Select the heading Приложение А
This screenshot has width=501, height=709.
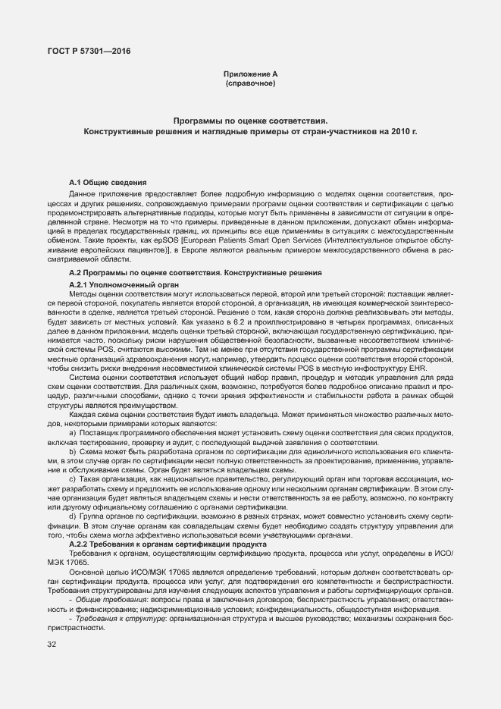[251, 74]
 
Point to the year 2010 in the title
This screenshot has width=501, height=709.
[399, 131]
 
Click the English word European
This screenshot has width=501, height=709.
[209, 239]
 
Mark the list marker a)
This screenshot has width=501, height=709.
[73, 432]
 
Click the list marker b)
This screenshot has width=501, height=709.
[73, 451]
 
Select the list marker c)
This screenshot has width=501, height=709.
[73, 479]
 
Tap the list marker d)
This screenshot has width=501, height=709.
[73, 516]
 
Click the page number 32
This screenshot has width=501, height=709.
[52, 645]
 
